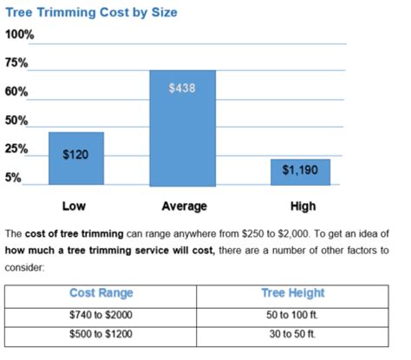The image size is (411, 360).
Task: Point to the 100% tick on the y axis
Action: coord(20,35)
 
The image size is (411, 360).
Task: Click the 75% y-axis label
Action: coord(17,63)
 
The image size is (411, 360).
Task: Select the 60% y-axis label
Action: coord(17,92)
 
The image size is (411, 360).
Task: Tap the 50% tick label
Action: coord(17,121)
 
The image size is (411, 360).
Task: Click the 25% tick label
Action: coord(17,149)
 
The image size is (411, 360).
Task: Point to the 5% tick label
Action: coord(15,177)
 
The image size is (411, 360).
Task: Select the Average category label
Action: coord(184,206)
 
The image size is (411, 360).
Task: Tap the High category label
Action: coord(303,206)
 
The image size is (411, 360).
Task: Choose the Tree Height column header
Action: coord(292,293)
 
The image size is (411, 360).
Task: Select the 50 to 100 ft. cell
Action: coord(292,314)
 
